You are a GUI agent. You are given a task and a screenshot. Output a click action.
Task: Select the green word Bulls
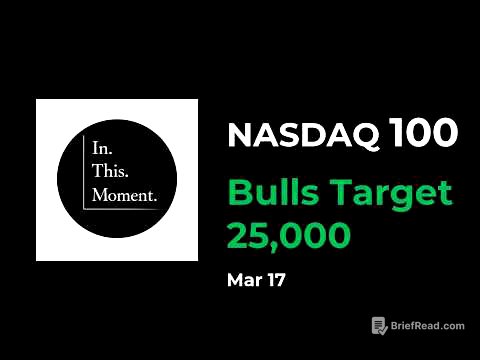click(x=269, y=192)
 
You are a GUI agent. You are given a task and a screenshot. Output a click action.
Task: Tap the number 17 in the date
click(x=274, y=280)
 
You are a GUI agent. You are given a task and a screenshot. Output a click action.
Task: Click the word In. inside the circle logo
click(x=101, y=147)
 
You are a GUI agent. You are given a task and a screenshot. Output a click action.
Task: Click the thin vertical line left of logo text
click(x=84, y=171)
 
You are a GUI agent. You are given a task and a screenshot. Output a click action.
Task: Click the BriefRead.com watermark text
click(x=428, y=326)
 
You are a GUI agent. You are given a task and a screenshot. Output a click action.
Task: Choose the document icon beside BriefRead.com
click(x=380, y=326)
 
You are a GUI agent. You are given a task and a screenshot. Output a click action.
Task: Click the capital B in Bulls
click(x=239, y=192)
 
